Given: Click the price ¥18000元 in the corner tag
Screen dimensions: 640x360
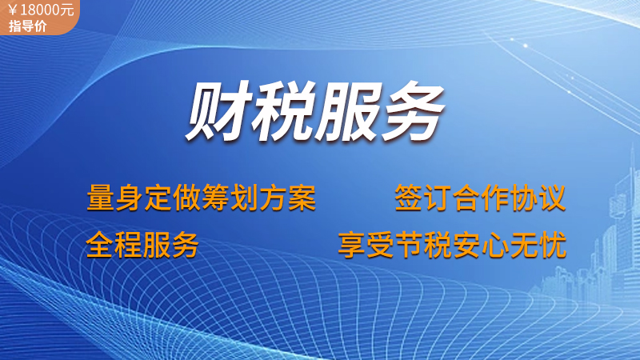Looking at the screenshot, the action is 41,10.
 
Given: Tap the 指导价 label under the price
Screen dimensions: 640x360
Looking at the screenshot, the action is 28,26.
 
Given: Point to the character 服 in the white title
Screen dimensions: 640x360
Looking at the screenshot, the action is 348,111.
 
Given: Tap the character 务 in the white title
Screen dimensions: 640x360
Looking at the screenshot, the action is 412,111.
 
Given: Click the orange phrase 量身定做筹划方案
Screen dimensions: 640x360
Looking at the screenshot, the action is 202,198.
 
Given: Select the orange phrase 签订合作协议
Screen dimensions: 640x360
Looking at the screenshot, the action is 480,198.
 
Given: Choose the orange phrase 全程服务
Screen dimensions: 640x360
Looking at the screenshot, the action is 142,245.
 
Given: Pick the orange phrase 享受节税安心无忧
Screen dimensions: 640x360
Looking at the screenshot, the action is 452,245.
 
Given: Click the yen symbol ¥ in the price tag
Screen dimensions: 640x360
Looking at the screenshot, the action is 12,10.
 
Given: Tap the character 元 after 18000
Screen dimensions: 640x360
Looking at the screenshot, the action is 68,10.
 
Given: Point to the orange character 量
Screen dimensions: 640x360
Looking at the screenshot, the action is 101,198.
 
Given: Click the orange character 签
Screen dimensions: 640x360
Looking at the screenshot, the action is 409,198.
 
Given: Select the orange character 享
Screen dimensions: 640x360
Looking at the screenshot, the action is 352,245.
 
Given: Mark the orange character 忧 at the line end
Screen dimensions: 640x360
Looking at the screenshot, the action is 553,245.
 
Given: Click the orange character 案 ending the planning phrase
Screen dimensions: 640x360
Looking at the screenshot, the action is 302,198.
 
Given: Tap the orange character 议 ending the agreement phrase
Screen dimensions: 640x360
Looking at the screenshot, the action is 552,198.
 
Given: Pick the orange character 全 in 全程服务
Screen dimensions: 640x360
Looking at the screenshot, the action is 100,245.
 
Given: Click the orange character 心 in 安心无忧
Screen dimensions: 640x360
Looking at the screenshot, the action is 495,245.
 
